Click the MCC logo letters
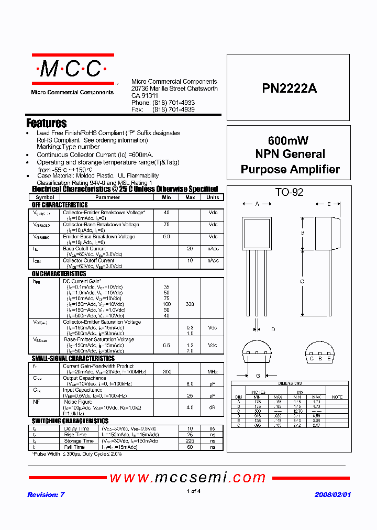pyautogui.click(x=72, y=69)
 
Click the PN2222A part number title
pyautogui.click(x=289, y=89)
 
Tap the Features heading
pyautogui.click(x=47, y=124)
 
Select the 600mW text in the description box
pyautogui.click(x=288, y=140)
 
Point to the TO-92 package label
pyautogui.click(x=289, y=192)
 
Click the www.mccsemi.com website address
pyautogui.click(x=188, y=477)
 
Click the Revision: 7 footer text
pyautogui.click(x=46, y=494)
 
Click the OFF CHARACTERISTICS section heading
pyautogui.click(x=60, y=205)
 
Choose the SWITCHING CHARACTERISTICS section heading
pyautogui.click(x=70, y=421)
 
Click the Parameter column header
pyautogui.click(x=108, y=197)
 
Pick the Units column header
pyautogui.click(x=213, y=197)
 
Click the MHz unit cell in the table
pyautogui.click(x=213, y=371)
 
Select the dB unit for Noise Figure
pyautogui.click(x=213, y=407)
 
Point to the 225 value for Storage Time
pyautogui.click(x=190, y=441)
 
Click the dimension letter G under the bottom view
pyautogui.click(x=258, y=376)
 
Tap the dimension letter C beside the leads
pyautogui.click(x=302, y=282)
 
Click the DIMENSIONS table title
pyautogui.click(x=290, y=383)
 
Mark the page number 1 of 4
pyautogui.click(x=193, y=491)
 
